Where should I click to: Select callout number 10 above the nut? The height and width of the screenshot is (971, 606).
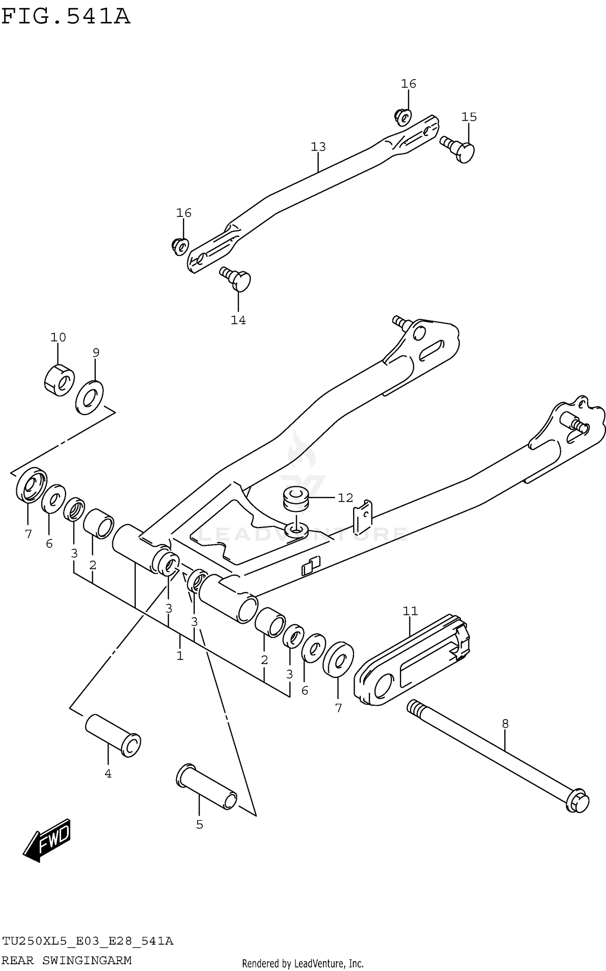click(x=58, y=337)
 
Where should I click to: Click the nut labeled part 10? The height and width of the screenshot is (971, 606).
click(x=59, y=380)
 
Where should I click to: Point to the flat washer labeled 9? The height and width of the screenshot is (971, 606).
click(x=90, y=397)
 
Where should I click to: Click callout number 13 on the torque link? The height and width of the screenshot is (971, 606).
click(x=318, y=147)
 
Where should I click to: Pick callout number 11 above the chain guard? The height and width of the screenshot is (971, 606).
click(x=410, y=611)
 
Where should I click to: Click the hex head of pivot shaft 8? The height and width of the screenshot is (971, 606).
click(x=577, y=801)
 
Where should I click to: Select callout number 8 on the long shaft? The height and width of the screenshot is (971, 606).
click(x=505, y=724)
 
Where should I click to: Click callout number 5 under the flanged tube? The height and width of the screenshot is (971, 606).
click(x=200, y=825)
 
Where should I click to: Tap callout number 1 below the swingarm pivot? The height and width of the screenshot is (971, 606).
click(x=180, y=656)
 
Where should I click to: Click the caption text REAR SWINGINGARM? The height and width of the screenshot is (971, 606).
click(x=67, y=961)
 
